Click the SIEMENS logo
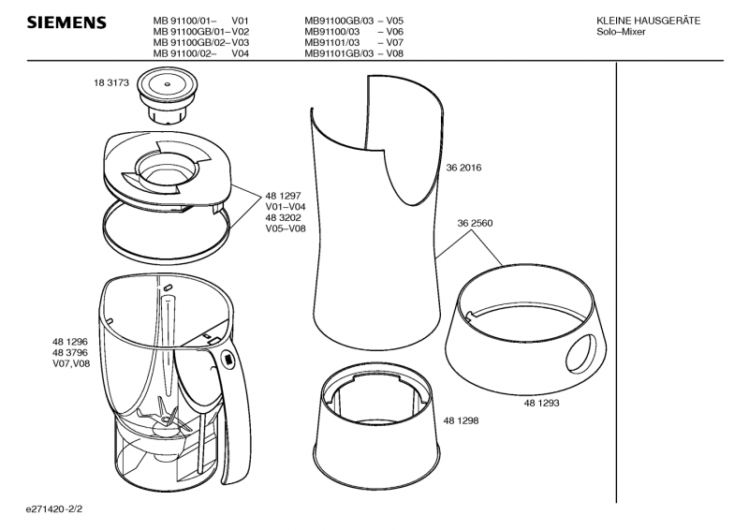tap(66, 22)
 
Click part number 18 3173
tap(111, 82)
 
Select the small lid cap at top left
tap(167, 96)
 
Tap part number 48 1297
tap(284, 196)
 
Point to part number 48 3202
tap(284, 217)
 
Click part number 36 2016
tap(463, 168)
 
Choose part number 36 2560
tap(475, 223)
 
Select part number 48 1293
tap(542, 403)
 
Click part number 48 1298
tap(461, 420)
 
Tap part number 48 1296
tap(70, 342)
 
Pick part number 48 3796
tap(70, 353)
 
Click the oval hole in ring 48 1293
tap(581, 354)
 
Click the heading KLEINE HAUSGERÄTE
tap(648, 21)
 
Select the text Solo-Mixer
tap(621, 32)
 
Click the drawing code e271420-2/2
tap(54, 509)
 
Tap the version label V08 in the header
tap(394, 53)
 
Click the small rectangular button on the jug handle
tap(228, 359)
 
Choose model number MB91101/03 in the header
tap(332, 42)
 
